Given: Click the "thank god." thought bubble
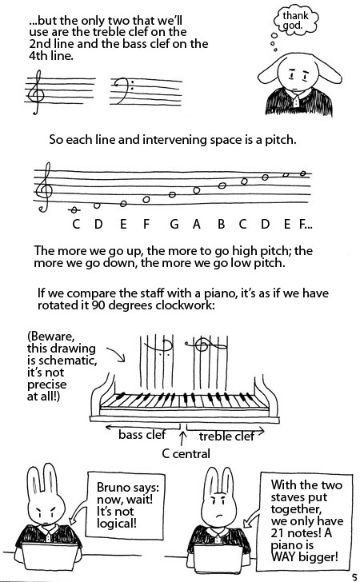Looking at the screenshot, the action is point(296,21).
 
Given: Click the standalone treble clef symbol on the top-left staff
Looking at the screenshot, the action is point(37,92).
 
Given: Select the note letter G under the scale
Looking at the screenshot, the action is point(174,224).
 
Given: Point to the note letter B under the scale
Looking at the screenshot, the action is point(221,224).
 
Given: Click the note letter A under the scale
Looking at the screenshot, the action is point(197,224).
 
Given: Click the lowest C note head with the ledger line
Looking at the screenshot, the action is point(75,210).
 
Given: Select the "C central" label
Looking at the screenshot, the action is point(186,453).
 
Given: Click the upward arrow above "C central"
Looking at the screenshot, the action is point(182,437).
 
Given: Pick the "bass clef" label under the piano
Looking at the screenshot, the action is point(142,434).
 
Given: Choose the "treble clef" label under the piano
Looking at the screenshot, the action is point(226,436).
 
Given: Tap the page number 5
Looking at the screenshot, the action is point(354,577).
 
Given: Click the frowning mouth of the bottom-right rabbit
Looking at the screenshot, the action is point(219,516).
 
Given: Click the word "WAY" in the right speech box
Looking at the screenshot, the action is point(285,556).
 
